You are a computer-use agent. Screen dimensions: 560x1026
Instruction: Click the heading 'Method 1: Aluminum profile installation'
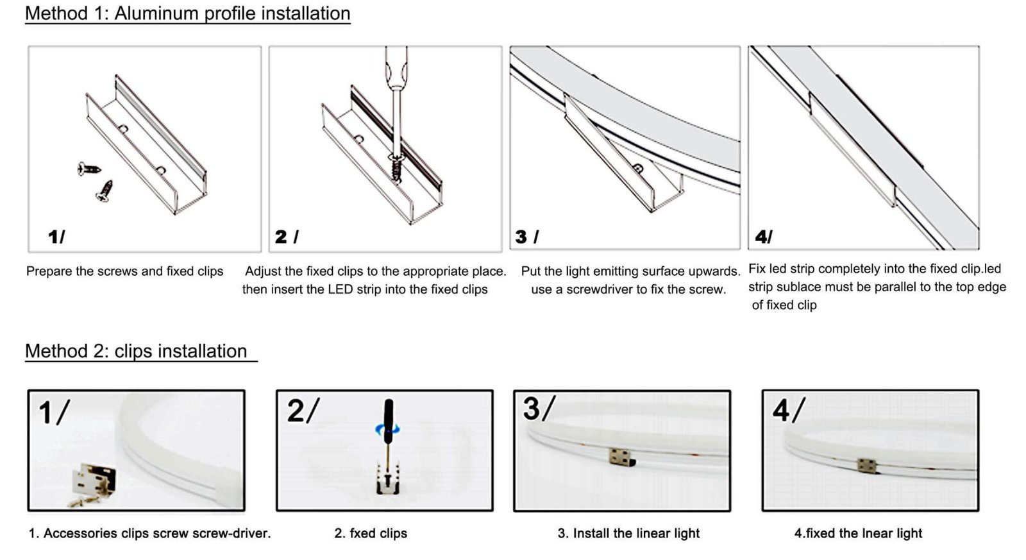tap(187, 13)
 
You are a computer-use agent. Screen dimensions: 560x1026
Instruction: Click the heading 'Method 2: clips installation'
tap(136, 351)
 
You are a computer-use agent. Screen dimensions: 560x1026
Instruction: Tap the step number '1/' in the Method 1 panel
tap(56, 237)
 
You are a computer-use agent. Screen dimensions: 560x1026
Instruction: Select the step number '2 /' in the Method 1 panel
tap(287, 237)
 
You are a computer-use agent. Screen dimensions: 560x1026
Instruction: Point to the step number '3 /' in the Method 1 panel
tap(527, 237)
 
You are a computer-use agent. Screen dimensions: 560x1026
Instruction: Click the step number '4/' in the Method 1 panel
tap(764, 237)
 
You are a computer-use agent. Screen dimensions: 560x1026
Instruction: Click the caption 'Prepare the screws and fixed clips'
tap(124, 271)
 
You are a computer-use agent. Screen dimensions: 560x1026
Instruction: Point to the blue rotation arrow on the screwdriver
tap(388, 429)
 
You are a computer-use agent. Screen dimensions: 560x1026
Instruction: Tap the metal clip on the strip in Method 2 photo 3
tap(620, 457)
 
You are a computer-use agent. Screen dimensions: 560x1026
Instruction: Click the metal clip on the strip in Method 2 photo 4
tap(867, 465)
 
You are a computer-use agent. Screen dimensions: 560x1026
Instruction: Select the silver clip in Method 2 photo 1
tap(95, 480)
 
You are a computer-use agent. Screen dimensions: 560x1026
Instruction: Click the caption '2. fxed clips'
tap(371, 533)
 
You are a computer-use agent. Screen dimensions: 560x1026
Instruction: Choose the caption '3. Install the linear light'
tap(628, 533)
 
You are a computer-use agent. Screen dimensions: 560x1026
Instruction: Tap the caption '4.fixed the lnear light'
tap(858, 533)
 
